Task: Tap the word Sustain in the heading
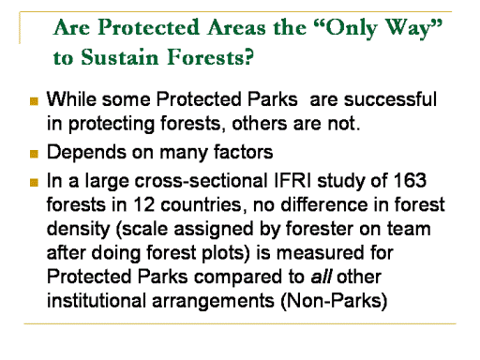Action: click(x=120, y=57)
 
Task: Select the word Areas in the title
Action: click(x=237, y=27)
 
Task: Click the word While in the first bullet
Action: click(x=71, y=99)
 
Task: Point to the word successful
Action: click(x=390, y=99)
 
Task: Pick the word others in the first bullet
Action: click(x=259, y=124)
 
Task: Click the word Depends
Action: click(x=86, y=153)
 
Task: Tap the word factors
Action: click(x=243, y=152)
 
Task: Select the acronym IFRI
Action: click(x=292, y=181)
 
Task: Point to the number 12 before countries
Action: click(x=144, y=205)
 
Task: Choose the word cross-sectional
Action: click(x=201, y=181)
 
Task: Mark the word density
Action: click(x=78, y=230)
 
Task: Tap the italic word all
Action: click(x=322, y=277)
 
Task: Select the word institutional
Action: click(x=97, y=301)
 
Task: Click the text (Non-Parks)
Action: click(x=334, y=301)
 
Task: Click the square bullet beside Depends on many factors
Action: click(x=34, y=154)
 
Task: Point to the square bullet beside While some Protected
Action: click(x=34, y=101)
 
